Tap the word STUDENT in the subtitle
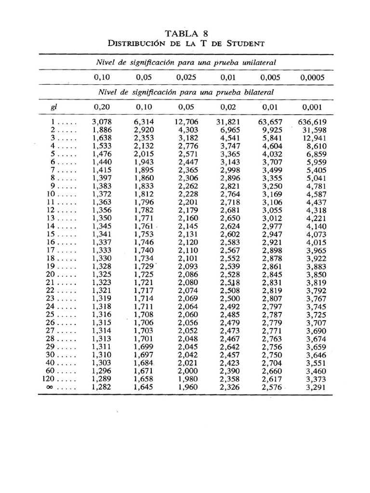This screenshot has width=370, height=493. [x=242, y=43]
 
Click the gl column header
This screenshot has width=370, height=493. [x=54, y=107]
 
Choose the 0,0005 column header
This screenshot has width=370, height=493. [x=313, y=77]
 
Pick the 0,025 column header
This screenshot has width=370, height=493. [x=186, y=77]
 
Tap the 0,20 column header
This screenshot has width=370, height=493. [x=102, y=107]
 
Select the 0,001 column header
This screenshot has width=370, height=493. [x=313, y=107]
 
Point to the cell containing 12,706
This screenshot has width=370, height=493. [x=186, y=122]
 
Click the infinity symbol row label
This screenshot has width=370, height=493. [x=50, y=387]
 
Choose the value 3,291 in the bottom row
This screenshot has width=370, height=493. [x=316, y=387]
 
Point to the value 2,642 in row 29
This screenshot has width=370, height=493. [x=230, y=347]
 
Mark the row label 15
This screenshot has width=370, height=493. [x=52, y=234]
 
